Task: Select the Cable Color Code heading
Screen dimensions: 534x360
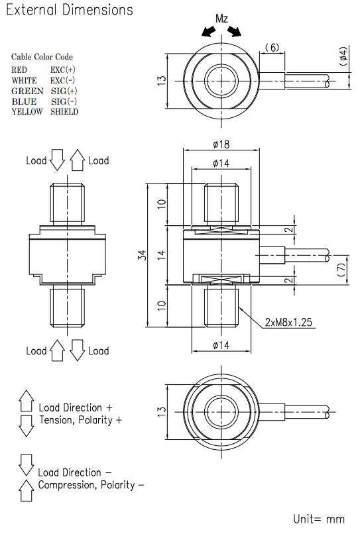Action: pyautogui.click(x=42, y=57)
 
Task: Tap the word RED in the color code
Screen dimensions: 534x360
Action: pyautogui.click(x=20, y=69)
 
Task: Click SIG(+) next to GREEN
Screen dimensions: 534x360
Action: pyautogui.click(x=64, y=90)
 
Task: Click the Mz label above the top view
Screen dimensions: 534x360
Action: pyautogui.click(x=222, y=19)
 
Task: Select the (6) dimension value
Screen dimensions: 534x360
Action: pyautogui.click(x=271, y=48)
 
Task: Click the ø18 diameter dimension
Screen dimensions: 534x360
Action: pyautogui.click(x=221, y=144)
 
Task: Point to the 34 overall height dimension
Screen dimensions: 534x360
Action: pyautogui.click(x=142, y=255)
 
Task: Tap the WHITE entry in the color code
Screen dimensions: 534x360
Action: pyautogui.click(x=25, y=80)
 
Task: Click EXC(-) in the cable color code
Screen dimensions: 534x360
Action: pyautogui.click(x=63, y=80)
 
